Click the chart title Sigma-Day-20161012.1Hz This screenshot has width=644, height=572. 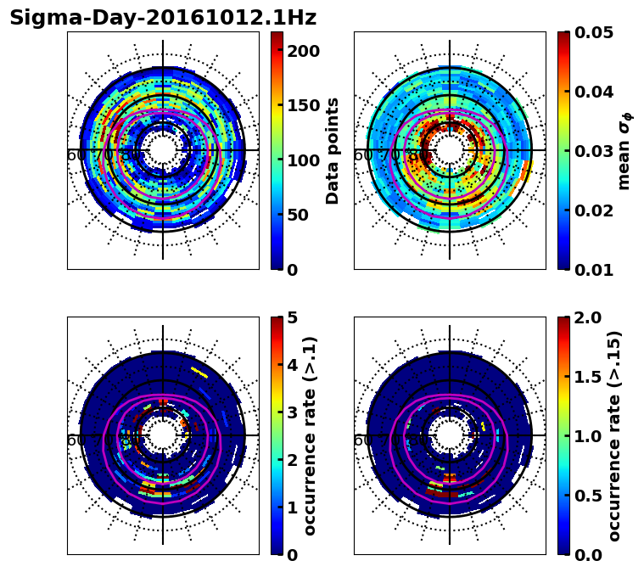[x=163, y=18]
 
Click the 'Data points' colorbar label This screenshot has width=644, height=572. [x=333, y=150]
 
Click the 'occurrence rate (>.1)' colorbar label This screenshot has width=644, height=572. [x=310, y=435]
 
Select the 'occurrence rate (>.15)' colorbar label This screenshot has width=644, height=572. [x=615, y=435]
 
